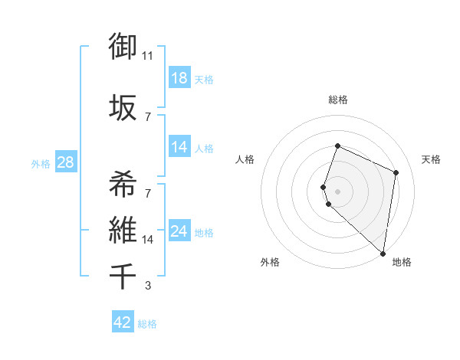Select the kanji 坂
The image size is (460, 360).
point(123,106)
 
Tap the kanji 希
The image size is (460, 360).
point(123,185)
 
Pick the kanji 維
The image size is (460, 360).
point(123,229)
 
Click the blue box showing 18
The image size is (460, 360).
point(179,78)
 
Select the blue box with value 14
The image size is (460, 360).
point(179,147)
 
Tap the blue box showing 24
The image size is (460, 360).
point(179,231)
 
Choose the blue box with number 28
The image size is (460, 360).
point(64,162)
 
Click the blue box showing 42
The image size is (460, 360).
point(122,322)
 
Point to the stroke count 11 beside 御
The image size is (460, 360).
point(148,56)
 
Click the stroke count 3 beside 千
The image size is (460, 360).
point(148,286)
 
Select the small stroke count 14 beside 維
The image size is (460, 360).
point(148,240)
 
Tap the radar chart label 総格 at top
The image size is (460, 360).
point(338,100)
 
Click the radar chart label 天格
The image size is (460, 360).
point(431,159)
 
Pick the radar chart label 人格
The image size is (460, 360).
point(245,159)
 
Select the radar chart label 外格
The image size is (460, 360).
point(270,262)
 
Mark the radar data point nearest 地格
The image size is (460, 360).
point(383,254)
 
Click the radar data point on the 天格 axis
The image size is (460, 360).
point(396,172)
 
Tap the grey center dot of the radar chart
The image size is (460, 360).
point(338,190)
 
